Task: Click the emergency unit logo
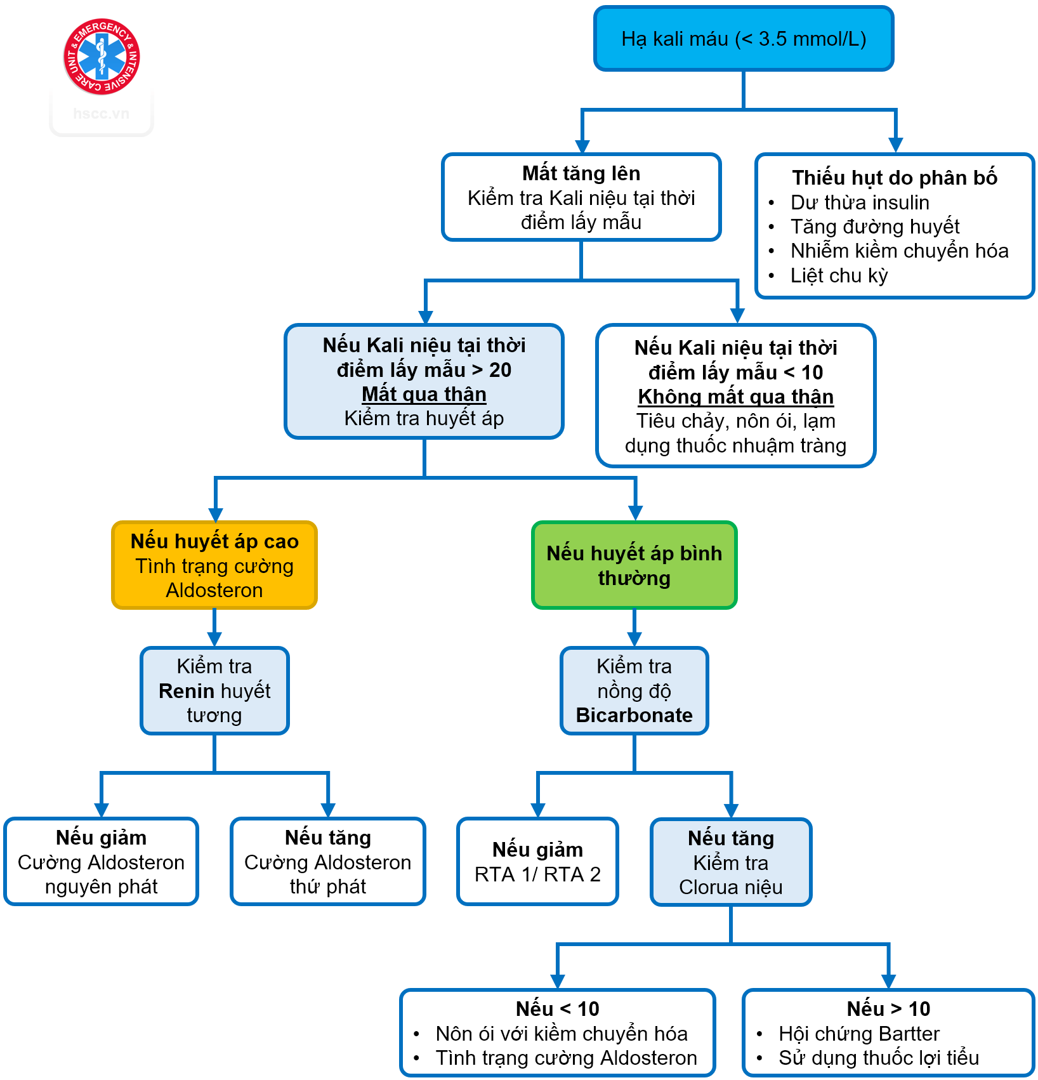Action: (102, 56)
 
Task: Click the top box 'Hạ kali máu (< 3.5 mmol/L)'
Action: (744, 39)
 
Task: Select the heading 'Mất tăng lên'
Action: (581, 173)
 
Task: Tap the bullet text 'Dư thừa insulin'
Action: (860, 202)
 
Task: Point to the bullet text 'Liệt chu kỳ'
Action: (839, 275)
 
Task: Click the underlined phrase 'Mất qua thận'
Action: (424, 394)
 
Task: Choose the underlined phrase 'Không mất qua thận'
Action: (735, 397)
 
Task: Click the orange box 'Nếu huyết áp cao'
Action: (214, 565)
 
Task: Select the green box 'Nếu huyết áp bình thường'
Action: (634, 565)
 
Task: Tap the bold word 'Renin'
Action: (187, 690)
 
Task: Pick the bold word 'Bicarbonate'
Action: (634, 715)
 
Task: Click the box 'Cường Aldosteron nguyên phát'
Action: (102, 862)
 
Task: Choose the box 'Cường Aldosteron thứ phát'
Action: (328, 862)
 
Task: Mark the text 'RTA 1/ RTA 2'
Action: (537, 874)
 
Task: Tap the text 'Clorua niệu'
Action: (731, 887)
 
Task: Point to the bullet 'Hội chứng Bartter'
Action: (858, 1034)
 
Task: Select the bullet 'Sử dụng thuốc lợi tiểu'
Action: (879, 1058)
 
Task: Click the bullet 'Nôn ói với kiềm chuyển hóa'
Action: (562, 1034)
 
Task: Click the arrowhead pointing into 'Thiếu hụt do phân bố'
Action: (895, 145)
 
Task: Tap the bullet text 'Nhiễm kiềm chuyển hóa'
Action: (899, 251)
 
